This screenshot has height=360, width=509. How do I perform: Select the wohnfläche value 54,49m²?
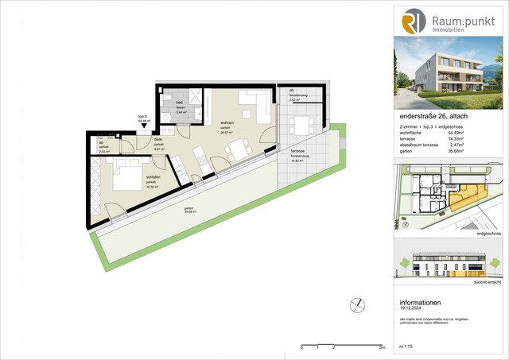[473, 132]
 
